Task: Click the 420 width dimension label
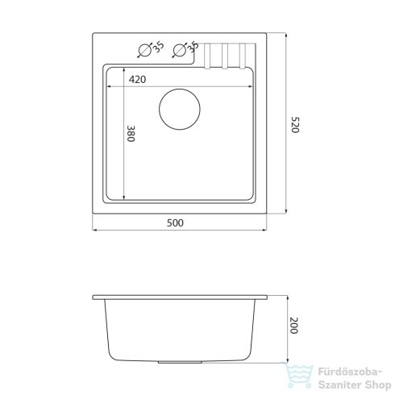(137, 80)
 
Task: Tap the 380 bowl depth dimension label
(131, 134)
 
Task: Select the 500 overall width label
(175, 223)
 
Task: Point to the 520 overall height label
(295, 125)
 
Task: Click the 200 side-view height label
(294, 326)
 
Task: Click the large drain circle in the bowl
(180, 109)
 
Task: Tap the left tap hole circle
(144, 50)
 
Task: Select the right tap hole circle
(179, 50)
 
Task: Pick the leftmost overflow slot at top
(207, 56)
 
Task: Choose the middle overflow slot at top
(225, 56)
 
